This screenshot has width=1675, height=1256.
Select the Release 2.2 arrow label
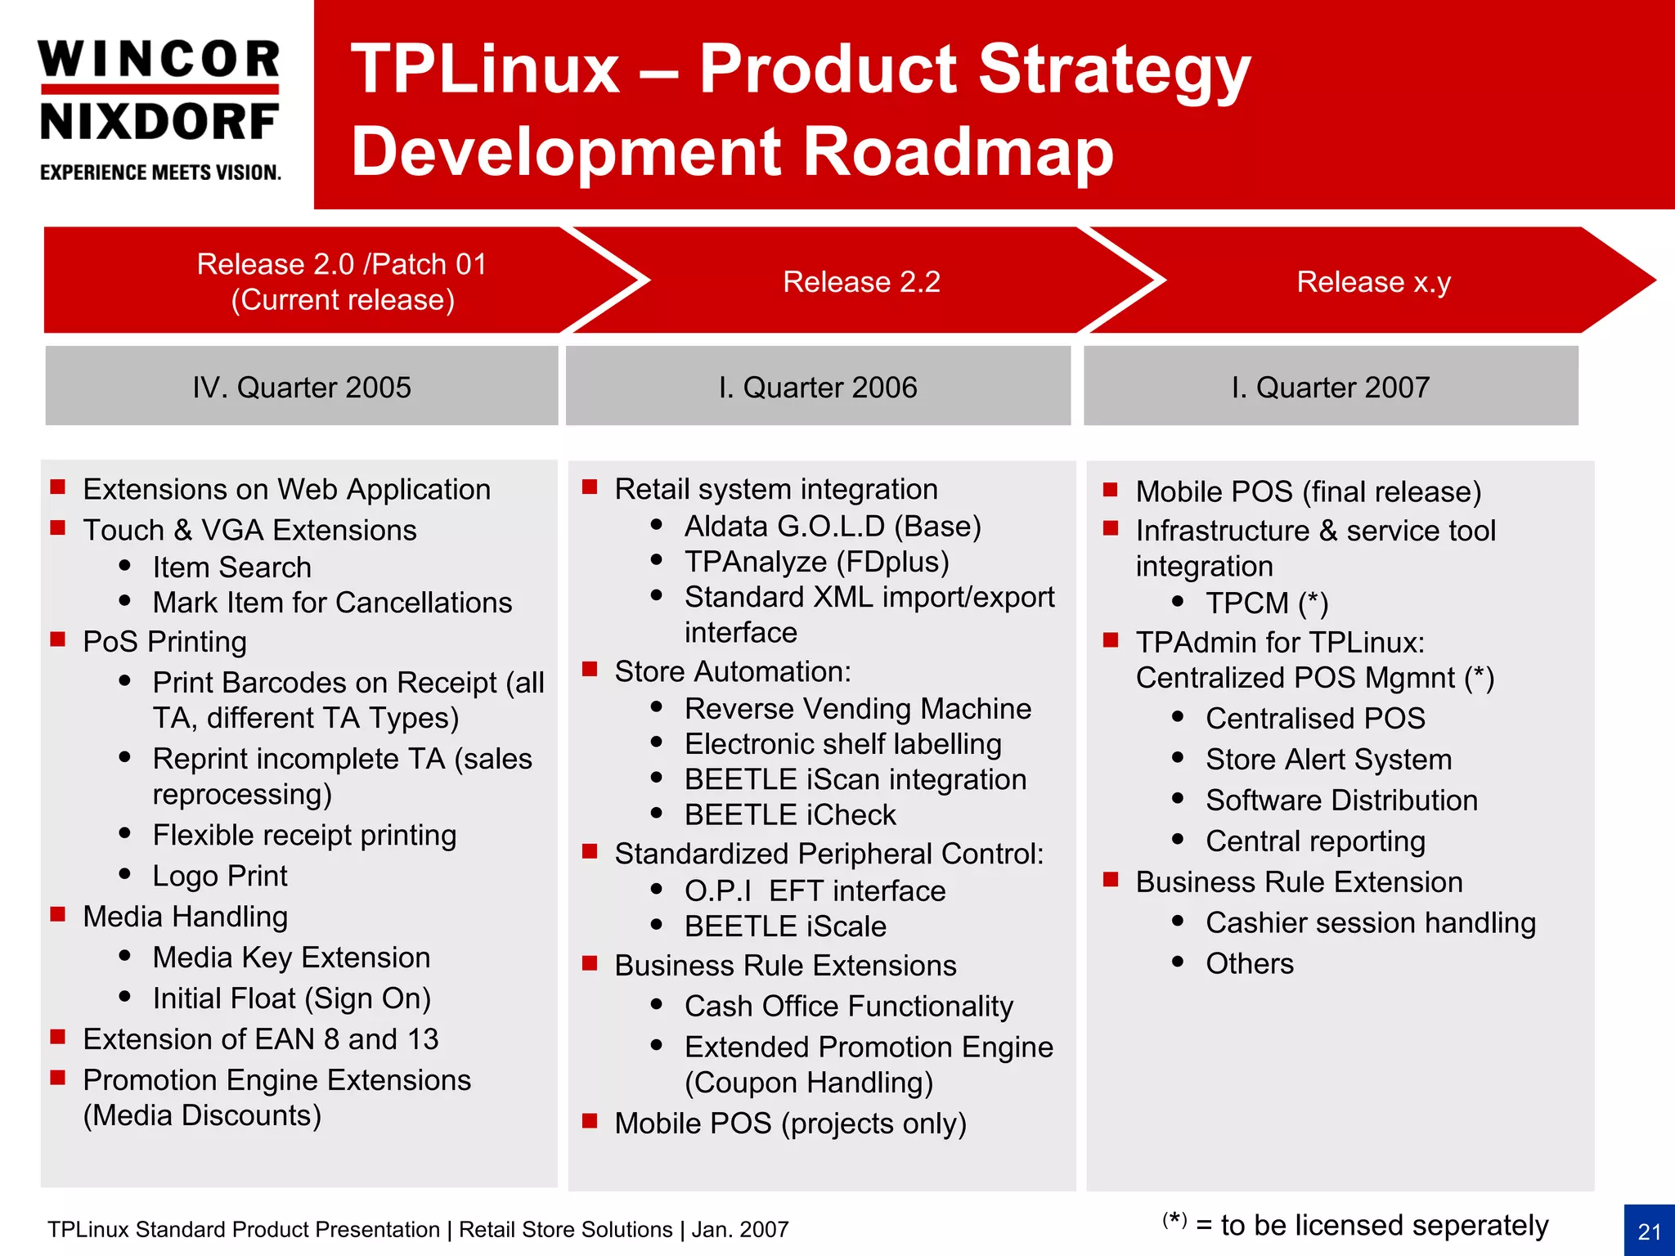pos(861,282)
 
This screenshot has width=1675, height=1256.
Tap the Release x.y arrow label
pos(1373,282)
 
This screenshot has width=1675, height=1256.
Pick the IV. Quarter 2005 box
pos(302,387)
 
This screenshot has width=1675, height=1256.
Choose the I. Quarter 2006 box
pos(818,387)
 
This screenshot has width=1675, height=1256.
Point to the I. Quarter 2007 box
pos(1331,387)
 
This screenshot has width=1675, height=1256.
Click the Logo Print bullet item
pos(220,877)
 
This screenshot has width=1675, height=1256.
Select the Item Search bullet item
pos(231,567)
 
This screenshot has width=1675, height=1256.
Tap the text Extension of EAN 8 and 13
pos(261,1039)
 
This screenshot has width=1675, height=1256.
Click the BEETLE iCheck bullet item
pos(790,815)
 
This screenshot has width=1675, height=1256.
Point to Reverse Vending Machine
pos(857,709)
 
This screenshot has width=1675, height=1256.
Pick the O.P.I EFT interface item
pos(815,891)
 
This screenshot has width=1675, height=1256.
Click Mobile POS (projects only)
pos(790,1124)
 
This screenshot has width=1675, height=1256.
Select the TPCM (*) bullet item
pos(1266,603)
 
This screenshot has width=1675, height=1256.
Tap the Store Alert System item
pos(1328,760)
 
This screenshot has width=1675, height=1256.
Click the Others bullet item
pos(1249,964)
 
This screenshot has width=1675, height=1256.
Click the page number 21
pos(1649,1231)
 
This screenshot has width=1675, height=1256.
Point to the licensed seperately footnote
pos(1355,1225)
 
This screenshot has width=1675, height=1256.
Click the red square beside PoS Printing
pos(58,639)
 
